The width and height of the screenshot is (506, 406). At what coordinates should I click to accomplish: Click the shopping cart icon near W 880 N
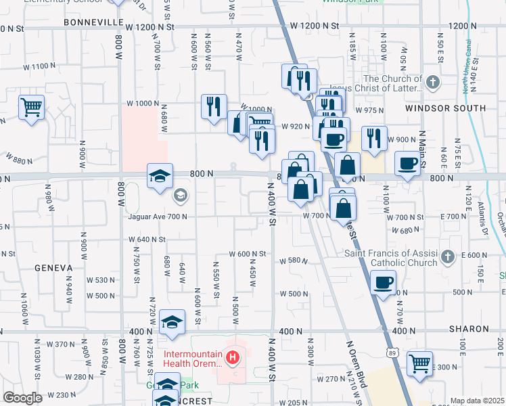31,107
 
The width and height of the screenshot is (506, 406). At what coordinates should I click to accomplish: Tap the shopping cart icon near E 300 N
419,363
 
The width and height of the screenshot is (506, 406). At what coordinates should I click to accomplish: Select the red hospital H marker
233,357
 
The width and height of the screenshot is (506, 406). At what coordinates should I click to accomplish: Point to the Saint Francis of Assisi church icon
447,256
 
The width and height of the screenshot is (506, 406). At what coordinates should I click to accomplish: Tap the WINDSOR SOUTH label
445,108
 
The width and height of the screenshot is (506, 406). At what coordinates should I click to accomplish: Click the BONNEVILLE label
91,22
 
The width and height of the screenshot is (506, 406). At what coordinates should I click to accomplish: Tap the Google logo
22,398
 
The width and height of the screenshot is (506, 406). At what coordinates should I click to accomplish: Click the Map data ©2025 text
477,401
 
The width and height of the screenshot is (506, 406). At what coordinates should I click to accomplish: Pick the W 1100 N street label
39,66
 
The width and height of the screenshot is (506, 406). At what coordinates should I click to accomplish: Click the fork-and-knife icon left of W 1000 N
214,106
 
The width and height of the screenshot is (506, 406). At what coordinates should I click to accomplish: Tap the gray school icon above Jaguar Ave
180,196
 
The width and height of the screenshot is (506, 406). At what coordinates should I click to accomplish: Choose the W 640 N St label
147,239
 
